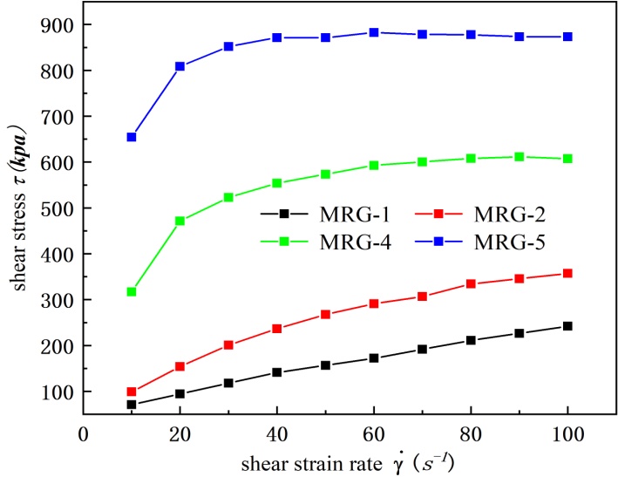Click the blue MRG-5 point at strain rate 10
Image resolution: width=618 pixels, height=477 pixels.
(132, 137)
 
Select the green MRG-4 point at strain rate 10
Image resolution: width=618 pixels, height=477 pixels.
(132, 291)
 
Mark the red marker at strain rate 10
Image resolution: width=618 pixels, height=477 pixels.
(132, 392)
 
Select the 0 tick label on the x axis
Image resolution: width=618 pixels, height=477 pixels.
(84, 432)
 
